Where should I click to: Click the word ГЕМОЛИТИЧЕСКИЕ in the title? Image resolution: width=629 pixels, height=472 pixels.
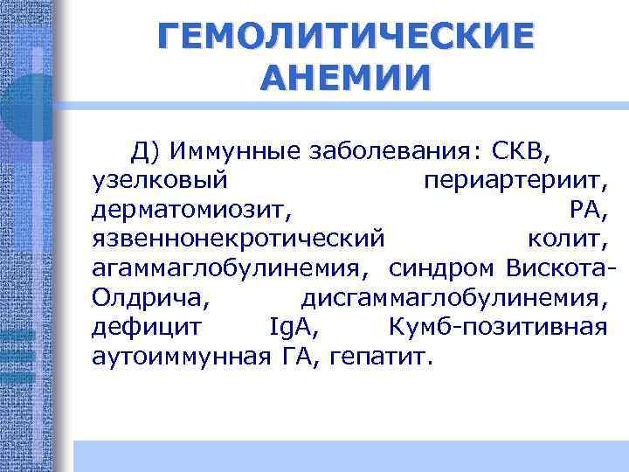pos(344,37)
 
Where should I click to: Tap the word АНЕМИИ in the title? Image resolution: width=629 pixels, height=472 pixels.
pos(345,78)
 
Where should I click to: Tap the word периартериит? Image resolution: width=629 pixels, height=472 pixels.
pos(515,182)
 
